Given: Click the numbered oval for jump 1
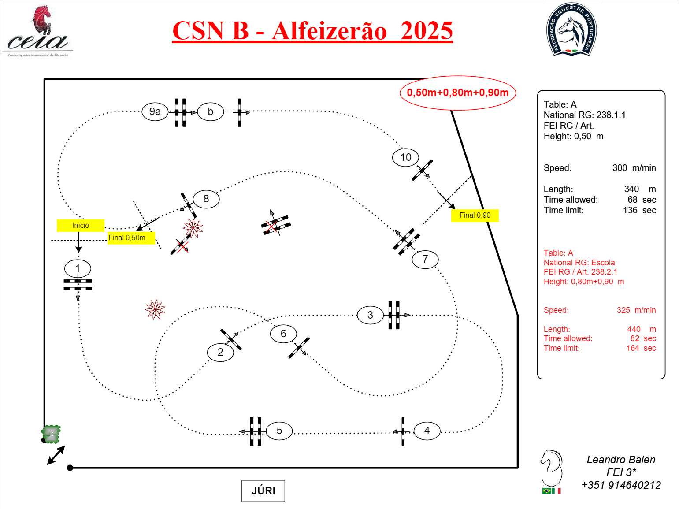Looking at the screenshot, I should pos(78,268).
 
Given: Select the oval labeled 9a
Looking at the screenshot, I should pos(155,111).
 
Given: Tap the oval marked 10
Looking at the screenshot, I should pos(405,157).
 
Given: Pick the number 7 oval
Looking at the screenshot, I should pos(425,259).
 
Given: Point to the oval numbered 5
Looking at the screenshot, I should pos(279,431).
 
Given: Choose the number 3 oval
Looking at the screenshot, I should pos(370,315).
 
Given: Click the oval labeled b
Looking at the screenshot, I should pos(211,111).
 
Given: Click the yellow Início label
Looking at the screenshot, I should pos(81,225).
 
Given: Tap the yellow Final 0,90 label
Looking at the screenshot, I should pos(475,215).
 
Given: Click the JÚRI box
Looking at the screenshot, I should pos(263,491).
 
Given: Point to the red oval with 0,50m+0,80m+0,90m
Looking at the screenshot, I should pos(458,93).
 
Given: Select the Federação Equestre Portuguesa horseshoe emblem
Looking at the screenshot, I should pos(571,30).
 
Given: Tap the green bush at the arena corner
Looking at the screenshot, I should pos(51,434).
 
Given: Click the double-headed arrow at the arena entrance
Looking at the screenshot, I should pos(56,455).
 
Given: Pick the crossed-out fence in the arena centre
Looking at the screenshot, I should pos(275,225).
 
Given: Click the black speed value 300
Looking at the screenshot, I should pos(620,168).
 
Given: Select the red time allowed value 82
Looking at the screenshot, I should pos(634,338).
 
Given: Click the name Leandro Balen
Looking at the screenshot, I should pos(621,460).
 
